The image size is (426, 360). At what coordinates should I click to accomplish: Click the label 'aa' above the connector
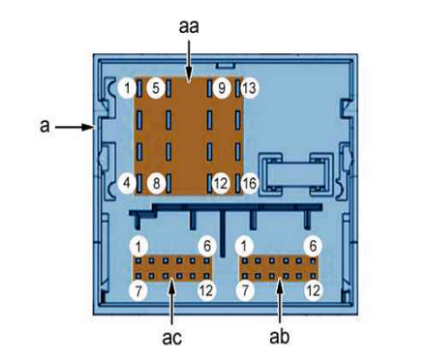click(189, 27)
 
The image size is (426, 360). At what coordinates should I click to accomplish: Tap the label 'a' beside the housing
click(45, 126)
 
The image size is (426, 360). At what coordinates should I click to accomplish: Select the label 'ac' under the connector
click(171, 338)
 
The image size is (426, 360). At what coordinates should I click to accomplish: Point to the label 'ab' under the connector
click(280, 337)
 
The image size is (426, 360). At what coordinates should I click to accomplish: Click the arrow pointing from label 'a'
click(75, 127)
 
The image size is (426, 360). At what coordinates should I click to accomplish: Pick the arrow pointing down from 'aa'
click(189, 60)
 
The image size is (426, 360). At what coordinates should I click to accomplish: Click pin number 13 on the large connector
click(250, 88)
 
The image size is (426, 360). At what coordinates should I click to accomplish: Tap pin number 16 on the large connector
click(250, 184)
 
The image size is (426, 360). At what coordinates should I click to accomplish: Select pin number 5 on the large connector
click(156, 88)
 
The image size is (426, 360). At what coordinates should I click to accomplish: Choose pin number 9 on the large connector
click(222, 88)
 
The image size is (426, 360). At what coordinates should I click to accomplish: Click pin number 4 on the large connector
click(127, 183)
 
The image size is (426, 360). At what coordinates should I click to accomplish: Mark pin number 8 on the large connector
click(156, 184)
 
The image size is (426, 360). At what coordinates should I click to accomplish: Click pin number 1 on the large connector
click(127, 88)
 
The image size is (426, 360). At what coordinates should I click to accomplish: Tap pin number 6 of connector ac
click(207, 246)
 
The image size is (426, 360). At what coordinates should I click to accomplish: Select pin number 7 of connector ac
click(138, 291)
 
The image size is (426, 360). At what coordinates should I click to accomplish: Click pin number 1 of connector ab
click(245, 246)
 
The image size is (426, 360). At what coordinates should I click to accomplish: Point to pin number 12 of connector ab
click(313, 291)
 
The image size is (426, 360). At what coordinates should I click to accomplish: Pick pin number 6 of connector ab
click(313, 246)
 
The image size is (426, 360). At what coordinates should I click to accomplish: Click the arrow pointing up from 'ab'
click(280, 301)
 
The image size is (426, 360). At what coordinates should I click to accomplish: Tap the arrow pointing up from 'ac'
click(172, 301)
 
